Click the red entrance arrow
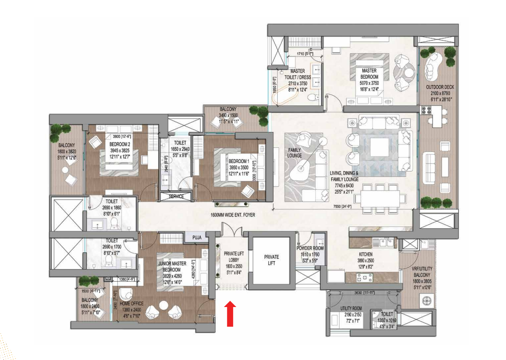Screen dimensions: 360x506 point(230,313)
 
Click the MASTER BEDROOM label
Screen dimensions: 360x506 point(370,74)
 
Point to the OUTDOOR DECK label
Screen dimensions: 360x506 point(438,87)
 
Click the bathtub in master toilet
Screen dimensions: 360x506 point(287,97)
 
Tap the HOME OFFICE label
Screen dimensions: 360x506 point(131,304)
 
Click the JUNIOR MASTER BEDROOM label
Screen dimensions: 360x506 point(172,266)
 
